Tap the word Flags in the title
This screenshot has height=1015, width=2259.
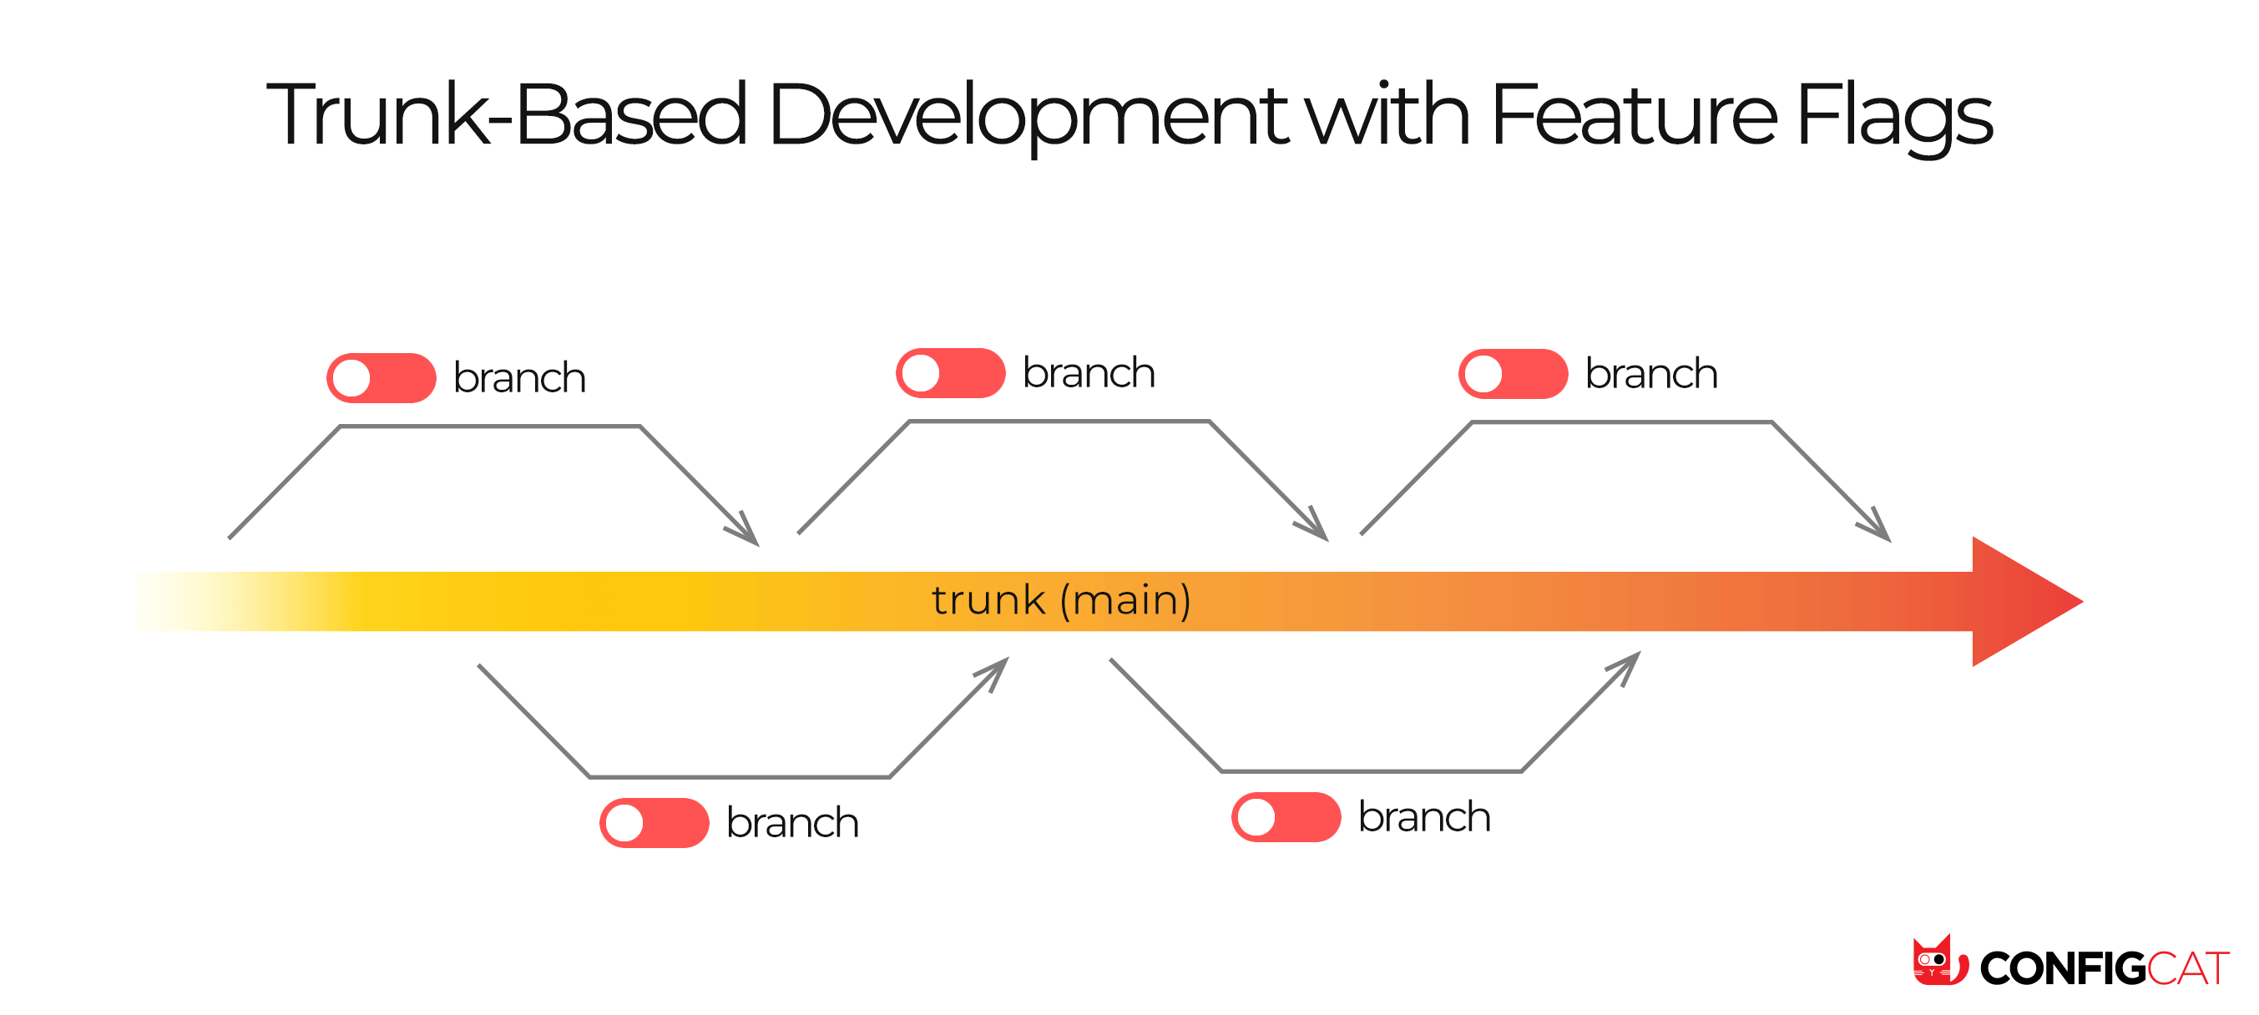[1894, 114]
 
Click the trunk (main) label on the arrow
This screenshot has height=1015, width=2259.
[1061, 600]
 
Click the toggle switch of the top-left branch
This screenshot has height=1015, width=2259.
[382, 378]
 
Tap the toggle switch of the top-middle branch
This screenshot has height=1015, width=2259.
[951, 373]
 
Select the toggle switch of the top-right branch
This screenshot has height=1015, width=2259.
[1513, 374]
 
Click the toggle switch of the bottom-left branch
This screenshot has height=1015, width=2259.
[654, 822]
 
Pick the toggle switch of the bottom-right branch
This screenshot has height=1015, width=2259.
[1286, 817]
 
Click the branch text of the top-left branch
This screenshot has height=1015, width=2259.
[519, 378]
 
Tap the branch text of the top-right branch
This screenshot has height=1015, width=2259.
[1650, 374]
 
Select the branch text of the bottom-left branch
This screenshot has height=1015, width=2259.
[792, 822]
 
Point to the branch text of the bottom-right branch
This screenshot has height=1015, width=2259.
[1423, 817]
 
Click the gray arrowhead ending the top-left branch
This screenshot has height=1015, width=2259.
[745, 531]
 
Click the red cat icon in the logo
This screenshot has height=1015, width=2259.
[1939, 962]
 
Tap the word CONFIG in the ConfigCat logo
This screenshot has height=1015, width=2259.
[2062, 968]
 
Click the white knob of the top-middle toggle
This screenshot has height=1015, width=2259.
[921, 373]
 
